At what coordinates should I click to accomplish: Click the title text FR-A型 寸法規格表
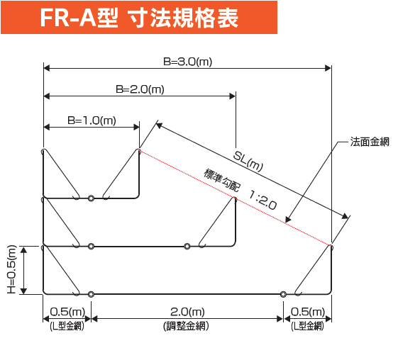coord(139,18)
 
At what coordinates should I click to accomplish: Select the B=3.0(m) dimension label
coord(187,62)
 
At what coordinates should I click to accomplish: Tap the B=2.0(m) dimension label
coord(140,89)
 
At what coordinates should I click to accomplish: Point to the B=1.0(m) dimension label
coord(92,120)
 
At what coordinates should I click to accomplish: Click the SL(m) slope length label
coord(248,162)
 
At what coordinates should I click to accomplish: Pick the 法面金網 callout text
coord(370,142)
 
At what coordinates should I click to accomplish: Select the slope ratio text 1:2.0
coord(262,201)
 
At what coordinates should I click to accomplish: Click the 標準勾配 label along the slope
coord(221,180)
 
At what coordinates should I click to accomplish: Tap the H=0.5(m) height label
coord(11,269)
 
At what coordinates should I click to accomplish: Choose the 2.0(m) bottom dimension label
coord(187,312)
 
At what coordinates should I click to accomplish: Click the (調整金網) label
coord(186,326)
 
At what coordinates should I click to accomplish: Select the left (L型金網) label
coord(67,326)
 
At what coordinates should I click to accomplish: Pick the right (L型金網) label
coord(308,326)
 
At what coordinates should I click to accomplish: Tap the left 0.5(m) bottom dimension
coord(67,312)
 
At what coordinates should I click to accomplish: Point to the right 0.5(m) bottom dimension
coord(308,312)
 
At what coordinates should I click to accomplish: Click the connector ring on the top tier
coord(91,198)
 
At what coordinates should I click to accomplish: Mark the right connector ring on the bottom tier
coord(283,294)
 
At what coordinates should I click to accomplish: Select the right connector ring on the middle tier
coord(187,246)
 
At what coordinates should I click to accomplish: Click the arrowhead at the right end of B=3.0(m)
coord(328,68)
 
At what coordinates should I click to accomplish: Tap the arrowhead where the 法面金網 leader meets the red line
coord(288,220)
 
